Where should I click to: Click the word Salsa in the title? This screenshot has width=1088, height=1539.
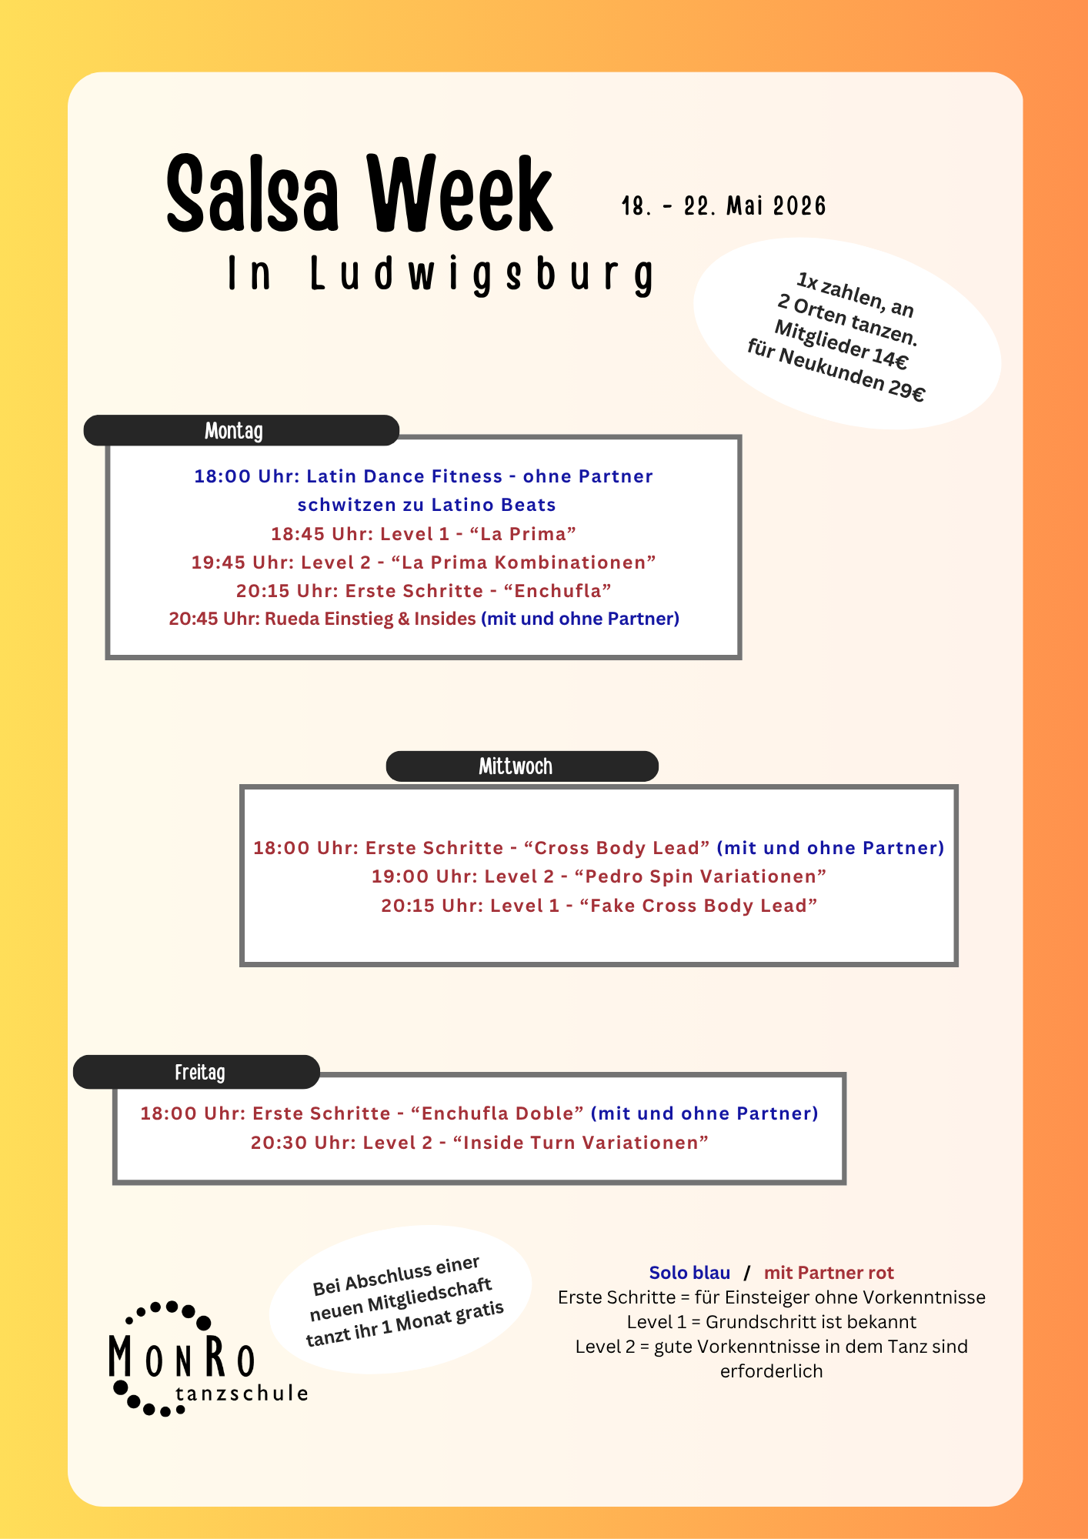(252, 194)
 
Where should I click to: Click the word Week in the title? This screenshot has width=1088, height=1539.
(459, 194)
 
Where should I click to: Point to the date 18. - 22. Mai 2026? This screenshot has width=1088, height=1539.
(723, 206)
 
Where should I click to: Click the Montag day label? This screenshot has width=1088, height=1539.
(234, 431)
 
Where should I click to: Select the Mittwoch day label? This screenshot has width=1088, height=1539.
(516, 766)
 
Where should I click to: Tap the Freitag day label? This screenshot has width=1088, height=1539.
(200, 1072)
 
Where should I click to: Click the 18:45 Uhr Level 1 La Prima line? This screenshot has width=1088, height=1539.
(423, 533)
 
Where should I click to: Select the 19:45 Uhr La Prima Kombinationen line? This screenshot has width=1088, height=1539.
(423, 563)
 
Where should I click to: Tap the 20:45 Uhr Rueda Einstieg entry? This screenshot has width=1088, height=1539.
(323, 619)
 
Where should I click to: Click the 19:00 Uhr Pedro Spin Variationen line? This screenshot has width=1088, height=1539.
(599, 876)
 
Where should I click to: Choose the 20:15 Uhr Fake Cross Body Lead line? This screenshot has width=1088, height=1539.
(599, 906)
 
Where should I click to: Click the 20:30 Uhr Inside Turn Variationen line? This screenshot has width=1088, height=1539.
(479, 1143)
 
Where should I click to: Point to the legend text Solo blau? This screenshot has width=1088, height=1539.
(689, 1273)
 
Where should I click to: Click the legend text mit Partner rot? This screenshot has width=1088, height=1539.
(829, 1273)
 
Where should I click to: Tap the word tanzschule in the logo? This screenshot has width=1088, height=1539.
(242, 1394)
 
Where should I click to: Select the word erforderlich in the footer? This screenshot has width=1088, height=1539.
(771, 1371)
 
